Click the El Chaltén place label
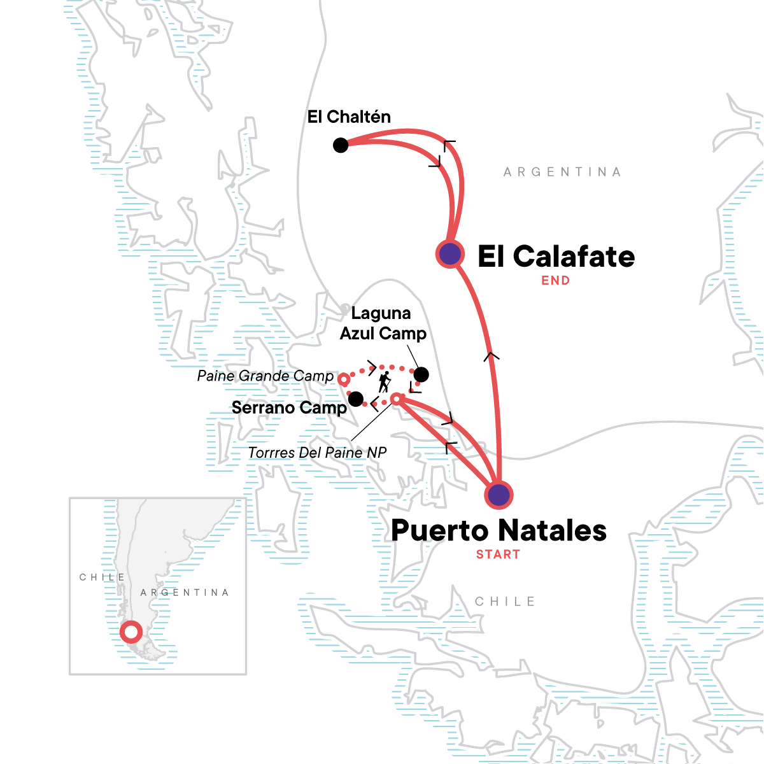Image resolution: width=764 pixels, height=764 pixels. (x=349, y=117)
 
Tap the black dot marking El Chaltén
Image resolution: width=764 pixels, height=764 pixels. (x=341, y=146)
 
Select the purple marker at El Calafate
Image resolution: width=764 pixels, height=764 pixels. (x=450, y=254)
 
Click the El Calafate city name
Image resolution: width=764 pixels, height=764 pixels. (x=556, y=257)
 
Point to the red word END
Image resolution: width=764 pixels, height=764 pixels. (x=555, y=280)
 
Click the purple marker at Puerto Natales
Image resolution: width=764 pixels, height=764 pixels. (x=499, y=495)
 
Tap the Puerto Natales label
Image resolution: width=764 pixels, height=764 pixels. (x=499, y=530)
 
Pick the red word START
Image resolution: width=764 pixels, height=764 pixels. (x=498, y=555)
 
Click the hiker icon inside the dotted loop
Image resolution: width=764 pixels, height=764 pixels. (x=384, y=382)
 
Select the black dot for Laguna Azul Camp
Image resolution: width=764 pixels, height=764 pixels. (x=421, y=374)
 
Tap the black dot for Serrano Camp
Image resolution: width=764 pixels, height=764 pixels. (x=356, y=399)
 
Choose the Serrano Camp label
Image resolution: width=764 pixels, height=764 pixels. (x=289, y=407)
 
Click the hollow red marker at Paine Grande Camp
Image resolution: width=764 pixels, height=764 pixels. (x=344, y=379)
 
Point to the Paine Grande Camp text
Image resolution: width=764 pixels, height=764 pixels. (x=265, y=376)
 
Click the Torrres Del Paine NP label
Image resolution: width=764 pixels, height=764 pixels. (x=317, y=453)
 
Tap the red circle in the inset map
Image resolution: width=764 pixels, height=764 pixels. (x=131, y=632)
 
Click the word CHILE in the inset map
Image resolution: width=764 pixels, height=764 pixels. (x=103, y=577)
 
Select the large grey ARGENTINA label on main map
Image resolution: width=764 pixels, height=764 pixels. (x=562, y=172)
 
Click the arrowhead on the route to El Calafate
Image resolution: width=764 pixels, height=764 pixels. (x=492, y=356)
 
